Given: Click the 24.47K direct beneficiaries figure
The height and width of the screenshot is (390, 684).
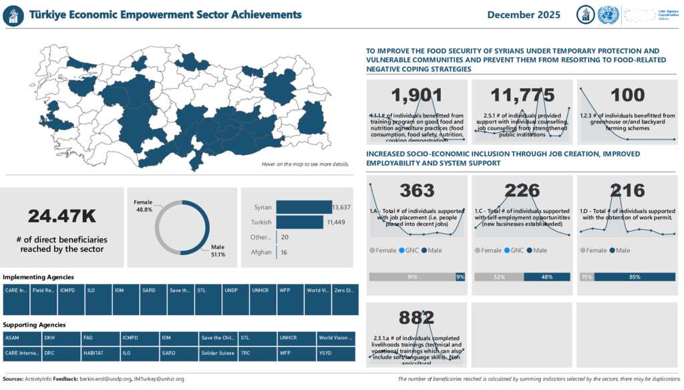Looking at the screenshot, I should [62, 216].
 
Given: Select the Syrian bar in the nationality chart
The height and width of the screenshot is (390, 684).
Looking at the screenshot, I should [304, 207].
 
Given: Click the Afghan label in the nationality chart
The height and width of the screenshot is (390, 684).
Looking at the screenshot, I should [261, 252].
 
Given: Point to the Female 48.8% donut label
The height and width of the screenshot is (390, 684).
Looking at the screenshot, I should [143, 205].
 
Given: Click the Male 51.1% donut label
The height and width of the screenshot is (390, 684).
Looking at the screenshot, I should [218, 250].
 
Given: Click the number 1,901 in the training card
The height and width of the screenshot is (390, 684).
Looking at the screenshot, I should [417, 95].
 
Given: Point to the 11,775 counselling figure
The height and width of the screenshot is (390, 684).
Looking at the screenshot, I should [522, 95].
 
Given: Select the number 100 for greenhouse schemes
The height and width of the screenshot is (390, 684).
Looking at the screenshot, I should [627, 95].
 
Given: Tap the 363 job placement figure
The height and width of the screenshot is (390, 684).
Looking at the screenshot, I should [417, 191].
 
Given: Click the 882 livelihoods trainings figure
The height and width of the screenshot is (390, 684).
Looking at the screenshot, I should [417, 318].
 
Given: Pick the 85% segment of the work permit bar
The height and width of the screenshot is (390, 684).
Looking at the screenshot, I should [635, 276].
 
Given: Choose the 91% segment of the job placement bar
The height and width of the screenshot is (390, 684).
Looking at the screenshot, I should [412, 276].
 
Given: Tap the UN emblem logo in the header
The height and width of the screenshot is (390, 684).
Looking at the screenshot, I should [608, 15].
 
